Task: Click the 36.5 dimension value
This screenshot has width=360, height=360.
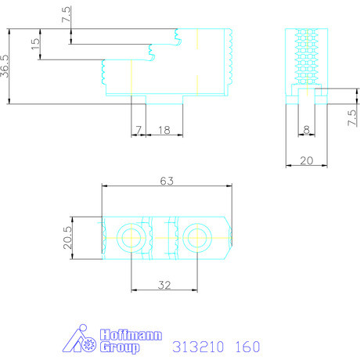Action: pos(5,67)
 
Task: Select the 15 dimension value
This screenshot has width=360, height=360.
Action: pos(35,44)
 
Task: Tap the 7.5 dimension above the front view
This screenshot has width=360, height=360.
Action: pos(67,14)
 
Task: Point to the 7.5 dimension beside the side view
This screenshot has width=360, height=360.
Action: pos(351,117)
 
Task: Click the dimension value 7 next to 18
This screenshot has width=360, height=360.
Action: pos(139,130)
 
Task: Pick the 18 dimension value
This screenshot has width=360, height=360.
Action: pos(164,130)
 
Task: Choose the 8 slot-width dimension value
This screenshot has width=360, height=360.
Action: pos(307,129)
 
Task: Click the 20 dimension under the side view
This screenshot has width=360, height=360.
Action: pos(307,160)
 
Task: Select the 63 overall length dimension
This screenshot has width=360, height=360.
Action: pos(167,181)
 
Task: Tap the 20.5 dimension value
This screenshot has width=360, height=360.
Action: pos(67,238)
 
